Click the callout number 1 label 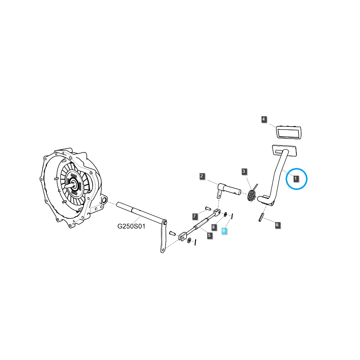click(x=296, y=179)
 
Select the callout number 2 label click(x=202, y=176)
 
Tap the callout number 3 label click(x=244, y=172)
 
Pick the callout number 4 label click(x=263, y=119)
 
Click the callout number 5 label click(x=209, y=235)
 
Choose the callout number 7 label click(x=194, y=216)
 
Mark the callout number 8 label click(x=214, y=227)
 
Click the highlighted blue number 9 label click(x=224, y=231)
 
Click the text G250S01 click(x=131, y=226)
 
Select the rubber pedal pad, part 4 click(x=289, y=132)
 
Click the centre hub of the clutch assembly click(x=73, y=185)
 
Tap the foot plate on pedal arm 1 click(x=284, y=150)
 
